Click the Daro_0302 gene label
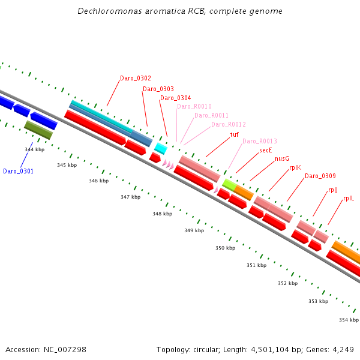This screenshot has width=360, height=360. (x=136, y=78)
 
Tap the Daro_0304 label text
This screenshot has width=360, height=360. (x=176, y=98)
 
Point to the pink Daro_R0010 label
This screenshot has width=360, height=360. (x=194, y=106)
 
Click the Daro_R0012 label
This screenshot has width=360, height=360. (x=229, y=124)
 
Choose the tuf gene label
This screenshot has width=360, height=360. (x=235, y=134)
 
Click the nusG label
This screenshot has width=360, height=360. (x=282, y=158)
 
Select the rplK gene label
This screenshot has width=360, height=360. (x=295, y=168)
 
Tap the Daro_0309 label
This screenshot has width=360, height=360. (x=320, y=176)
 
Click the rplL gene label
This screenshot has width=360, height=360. (x=349, y=197)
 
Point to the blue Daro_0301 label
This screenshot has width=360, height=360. (x=19, y=171)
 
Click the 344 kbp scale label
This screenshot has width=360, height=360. (x=35, y=149)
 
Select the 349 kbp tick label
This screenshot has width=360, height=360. (x=194, y=230)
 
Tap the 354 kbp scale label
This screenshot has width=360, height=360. (x=349, y=320)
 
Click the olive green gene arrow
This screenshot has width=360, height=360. (x=38, y=130)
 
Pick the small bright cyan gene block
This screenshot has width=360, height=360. (x=161, y=148)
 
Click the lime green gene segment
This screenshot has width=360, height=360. (x=229, y=184)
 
